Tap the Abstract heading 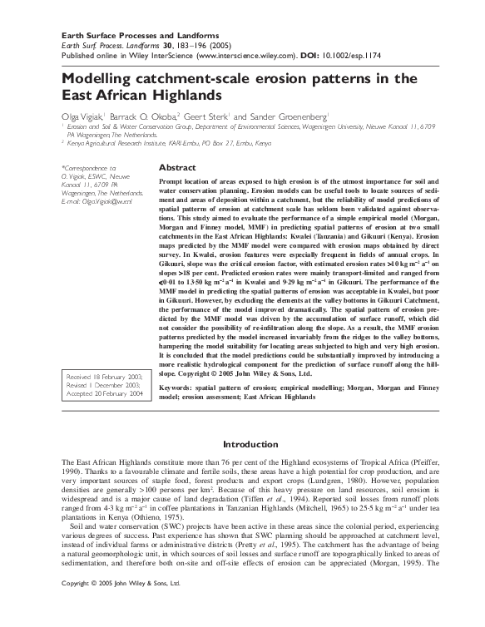176,168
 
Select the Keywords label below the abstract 181,388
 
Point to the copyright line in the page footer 121,608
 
